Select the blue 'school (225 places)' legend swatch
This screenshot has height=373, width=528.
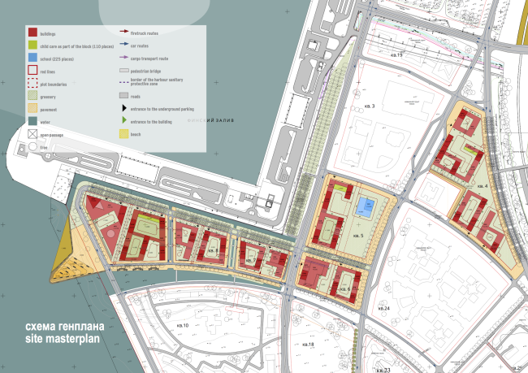(32, 59)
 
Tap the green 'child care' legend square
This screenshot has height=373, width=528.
(32, 46)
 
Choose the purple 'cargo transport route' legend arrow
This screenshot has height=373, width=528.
(123, 57)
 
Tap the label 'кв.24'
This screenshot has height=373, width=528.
(384, 310)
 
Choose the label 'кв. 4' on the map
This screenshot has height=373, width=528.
(483, 186)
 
